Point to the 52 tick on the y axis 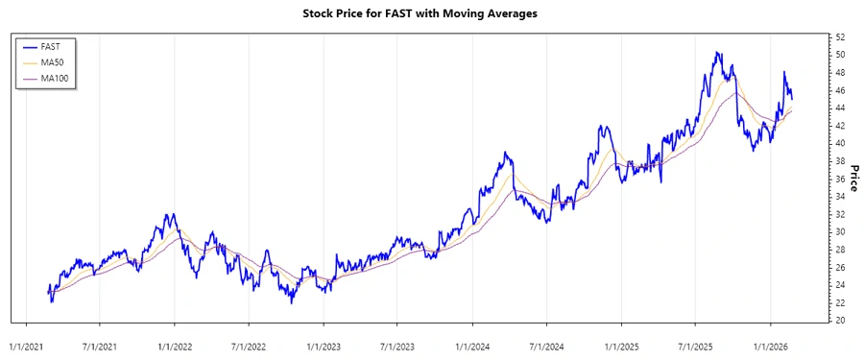[x=839, y=37]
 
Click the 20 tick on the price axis [x=839, y=321]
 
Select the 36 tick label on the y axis [x=839, y=179]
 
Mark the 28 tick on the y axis [x=839, y=250]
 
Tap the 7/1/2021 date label [x=100, y=341]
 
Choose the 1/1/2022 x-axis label [x=175, y=341]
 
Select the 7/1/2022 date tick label [x=249, y=341]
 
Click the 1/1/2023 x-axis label [x=324, y=341]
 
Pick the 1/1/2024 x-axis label [x=472, y=341]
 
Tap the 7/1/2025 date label [x=695, y=341]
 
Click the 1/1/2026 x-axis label [x=770, y=341]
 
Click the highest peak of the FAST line [x=716, y=53]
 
